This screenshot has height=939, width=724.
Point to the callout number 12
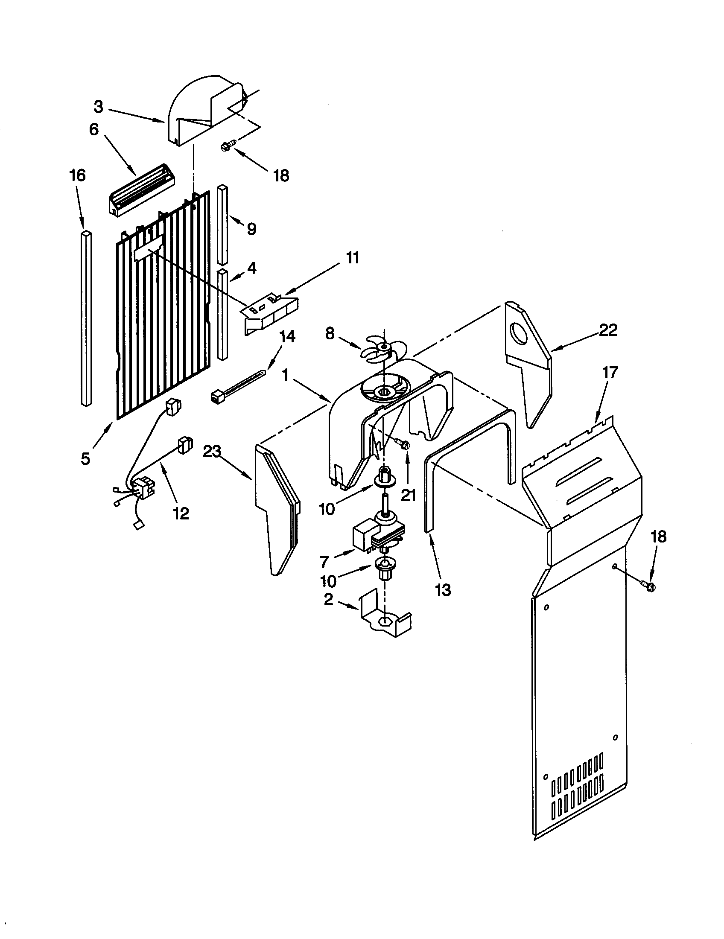(181, 513)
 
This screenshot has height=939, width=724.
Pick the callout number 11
(352, 258)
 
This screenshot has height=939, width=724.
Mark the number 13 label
(443, 590)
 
